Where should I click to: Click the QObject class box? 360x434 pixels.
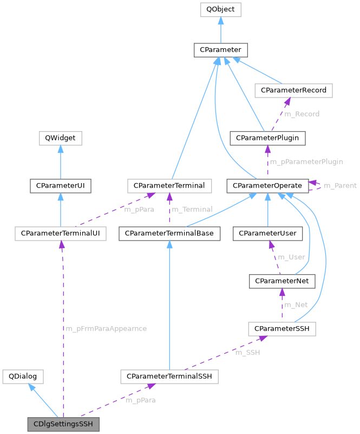220,9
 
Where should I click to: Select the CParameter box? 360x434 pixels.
220,50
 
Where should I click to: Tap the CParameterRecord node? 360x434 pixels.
293,90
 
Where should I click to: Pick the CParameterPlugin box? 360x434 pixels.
267,138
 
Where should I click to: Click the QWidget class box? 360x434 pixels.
60,138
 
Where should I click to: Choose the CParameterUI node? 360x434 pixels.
60,185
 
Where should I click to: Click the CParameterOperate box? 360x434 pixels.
267,185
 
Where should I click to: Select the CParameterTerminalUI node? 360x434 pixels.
60,234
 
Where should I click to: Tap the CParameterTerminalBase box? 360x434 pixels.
169,234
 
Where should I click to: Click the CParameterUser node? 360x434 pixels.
267,234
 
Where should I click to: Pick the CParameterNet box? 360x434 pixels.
282,281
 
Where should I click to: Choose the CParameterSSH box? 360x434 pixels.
282,328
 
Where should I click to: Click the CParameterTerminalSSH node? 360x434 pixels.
169,377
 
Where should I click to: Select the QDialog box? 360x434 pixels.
23,377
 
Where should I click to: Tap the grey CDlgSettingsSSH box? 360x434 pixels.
63,424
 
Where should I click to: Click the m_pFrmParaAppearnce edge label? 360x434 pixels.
106,328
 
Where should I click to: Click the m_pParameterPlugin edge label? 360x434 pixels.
306,161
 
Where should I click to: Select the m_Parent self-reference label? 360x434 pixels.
340,186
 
